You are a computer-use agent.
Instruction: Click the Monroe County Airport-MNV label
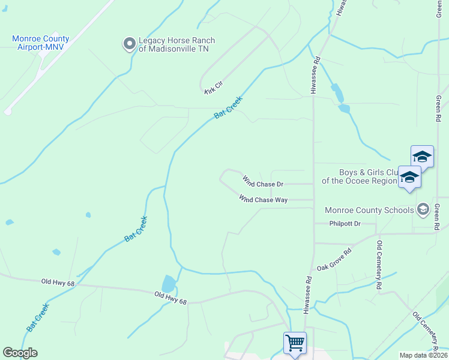coord(40,43)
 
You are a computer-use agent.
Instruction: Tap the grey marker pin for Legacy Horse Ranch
coord(129,44)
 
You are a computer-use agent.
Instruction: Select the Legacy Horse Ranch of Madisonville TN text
coord(176,44)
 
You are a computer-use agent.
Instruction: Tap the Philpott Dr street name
coord(345,224)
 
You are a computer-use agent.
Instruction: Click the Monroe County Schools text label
coord(369,210)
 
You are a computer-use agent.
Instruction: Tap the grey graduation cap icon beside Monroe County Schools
coord(423,209)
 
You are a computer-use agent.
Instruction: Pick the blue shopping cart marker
coord(295,343)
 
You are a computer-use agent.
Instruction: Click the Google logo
coord(20,353)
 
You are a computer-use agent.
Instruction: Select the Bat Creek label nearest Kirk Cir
coord(228,108)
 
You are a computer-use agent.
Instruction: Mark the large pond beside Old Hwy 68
coord(169,283)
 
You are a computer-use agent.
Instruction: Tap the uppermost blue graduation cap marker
coord(422,157)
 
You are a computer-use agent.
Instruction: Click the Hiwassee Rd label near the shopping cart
coord(308,295)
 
